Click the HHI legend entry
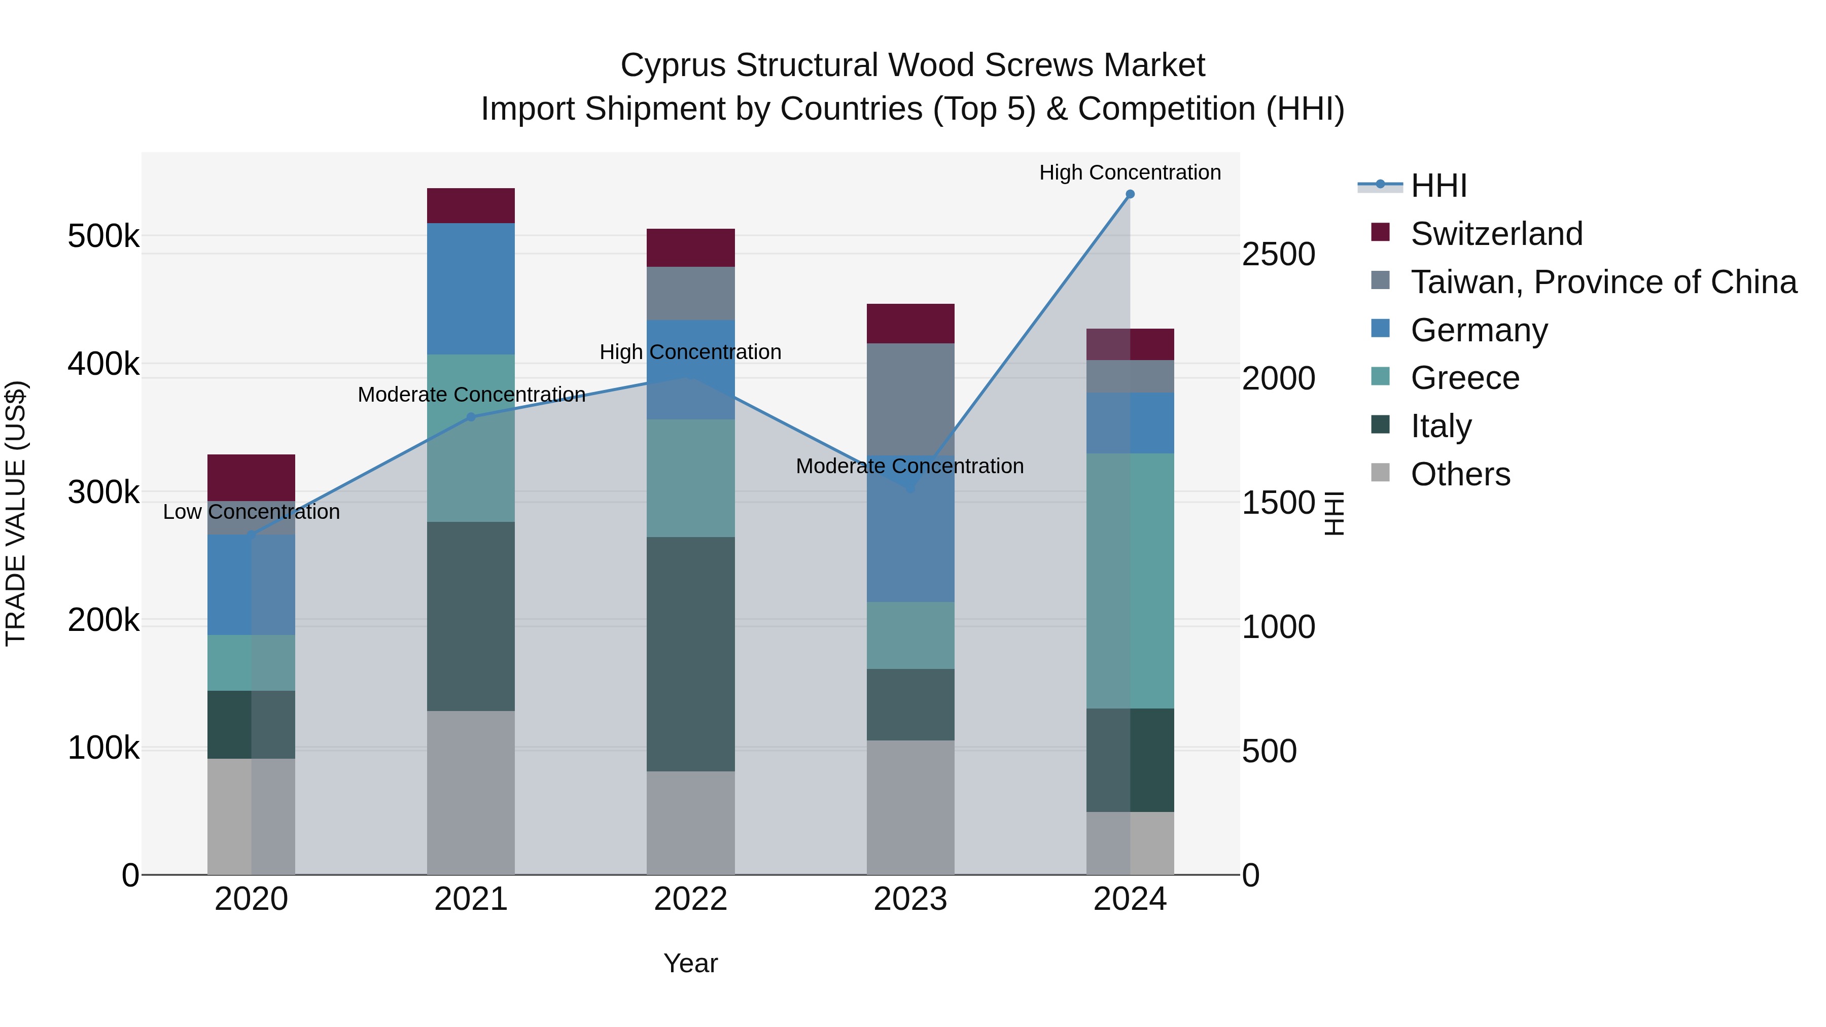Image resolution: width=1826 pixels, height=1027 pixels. click(x=1438, y=186)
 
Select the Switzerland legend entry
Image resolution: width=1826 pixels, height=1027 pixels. click(x=1496, y=234)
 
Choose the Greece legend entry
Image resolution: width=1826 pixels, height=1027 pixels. click(x=1464, y=378)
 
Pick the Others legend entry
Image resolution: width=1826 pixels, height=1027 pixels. click(x=1460, y=474)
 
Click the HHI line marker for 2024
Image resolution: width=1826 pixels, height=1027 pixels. click(x=1130, y=194)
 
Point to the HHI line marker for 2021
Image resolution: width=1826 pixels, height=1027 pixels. click(x=471, y=417)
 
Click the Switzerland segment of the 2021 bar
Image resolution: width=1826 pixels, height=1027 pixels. click(x=471, y=205)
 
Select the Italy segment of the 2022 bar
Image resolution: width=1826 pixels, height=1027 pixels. click(x=690, y=654)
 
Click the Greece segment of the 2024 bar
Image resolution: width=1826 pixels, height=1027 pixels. click(x=1130, y=581)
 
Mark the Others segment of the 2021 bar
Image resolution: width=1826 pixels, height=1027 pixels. click(x=471, y=792)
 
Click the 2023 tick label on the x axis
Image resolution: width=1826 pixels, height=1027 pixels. click(x=910, y=899)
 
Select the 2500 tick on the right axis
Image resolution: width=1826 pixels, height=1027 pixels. click(x=1278, y=255)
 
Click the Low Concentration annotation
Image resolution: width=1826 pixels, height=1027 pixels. click(x=251, y=512)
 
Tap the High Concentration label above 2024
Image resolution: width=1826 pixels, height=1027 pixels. click(x=1130, y=172)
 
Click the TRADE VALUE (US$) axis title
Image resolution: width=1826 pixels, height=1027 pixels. click(x=16, y=513)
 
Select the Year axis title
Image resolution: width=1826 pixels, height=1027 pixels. click(x=690, y=963)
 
